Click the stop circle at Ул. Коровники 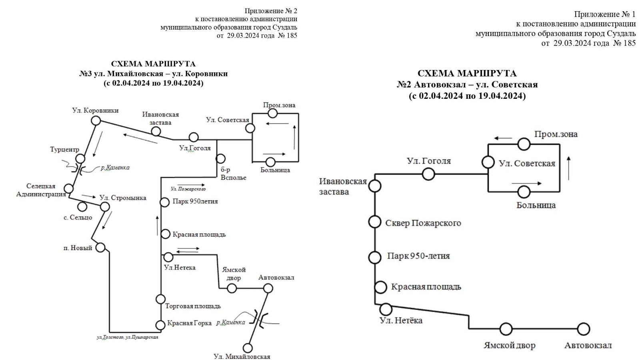pyautogui.click(x=96, y=120)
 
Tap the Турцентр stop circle pyautogui.click(x=80, y=159)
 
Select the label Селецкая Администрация pyautogui.click(x=41, y=190)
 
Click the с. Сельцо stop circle pyautogui.click(x=82, y=207)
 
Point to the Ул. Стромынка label pyautogui.click(x=123, y=198)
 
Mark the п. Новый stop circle pyautogui.click(x=100, y=248)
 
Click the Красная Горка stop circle pyautogui.click(x=160, y=325)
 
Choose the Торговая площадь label pyautogui.click(x=193, y=306)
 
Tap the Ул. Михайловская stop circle pyautogui.click(x=248, y=348)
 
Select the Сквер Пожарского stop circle pyautogui.click(x=374, y=222)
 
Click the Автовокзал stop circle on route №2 pyautogui.click(x=584, y=329)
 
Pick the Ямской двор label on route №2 pyautogui.click(x=509, y=345)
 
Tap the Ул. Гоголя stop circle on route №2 pyautogui.click(x=428, y=174)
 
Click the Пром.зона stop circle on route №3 pyautogui.click(x=273, y=113)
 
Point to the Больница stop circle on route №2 pyautogui.click(x=524, y=192)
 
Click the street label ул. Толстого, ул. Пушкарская pyautogui.click(x=127, y=337)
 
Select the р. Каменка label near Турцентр pyautogui.click(x=115, y=168)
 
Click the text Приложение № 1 pyautogui.click(x=604, y=14)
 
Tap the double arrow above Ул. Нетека pyautogui.click(x=188, y=250)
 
